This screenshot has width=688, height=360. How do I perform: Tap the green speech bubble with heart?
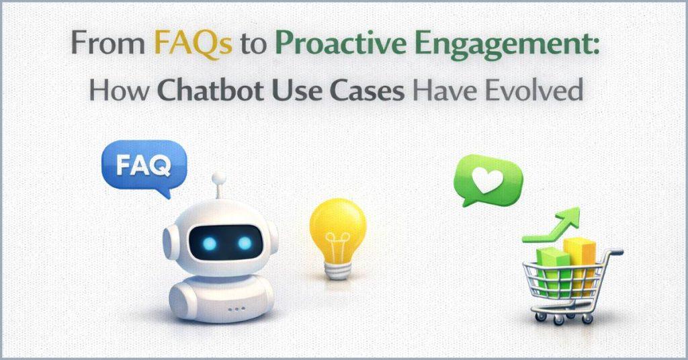coord(487,178)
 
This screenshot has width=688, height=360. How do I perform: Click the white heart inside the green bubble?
coord(487,177)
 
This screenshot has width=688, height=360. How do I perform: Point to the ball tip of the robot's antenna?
coord(218,179)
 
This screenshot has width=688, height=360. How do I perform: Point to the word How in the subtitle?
coord(111,89)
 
